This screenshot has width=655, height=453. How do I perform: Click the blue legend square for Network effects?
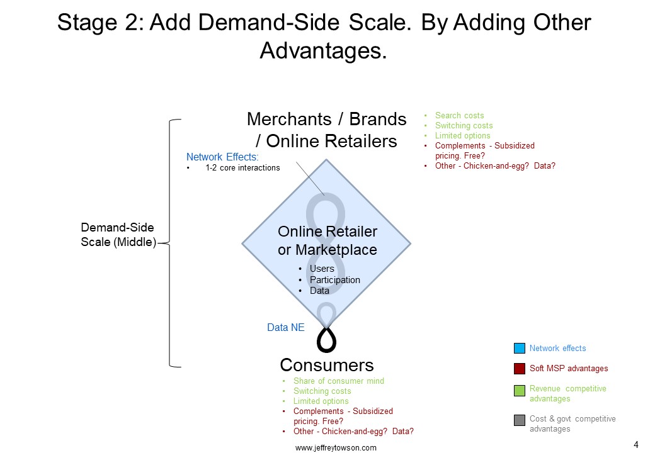point(519,348)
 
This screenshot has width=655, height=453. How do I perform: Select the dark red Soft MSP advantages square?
point(519,368)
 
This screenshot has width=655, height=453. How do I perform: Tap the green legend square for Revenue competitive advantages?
point(519,391)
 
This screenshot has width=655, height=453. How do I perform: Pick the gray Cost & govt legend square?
point(519,420)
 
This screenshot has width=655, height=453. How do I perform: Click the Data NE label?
point(286,327)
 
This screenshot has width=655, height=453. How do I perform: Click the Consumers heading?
point(327,365)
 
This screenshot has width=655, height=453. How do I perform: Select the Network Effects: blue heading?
point(222,157)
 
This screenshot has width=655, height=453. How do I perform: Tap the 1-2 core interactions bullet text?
point(242,168)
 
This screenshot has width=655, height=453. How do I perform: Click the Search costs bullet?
point(460,116)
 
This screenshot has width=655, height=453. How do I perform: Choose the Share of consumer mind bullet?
point(338,381)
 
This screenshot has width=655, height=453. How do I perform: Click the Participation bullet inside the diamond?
point(334,280)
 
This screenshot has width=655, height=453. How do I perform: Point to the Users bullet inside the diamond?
point(322,269)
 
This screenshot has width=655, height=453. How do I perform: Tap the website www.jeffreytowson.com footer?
point(336,447)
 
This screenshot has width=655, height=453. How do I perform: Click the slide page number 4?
point(636,445)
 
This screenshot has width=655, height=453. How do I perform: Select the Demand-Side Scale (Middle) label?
point(118,235)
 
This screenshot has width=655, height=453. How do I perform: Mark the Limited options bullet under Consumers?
point(321,401)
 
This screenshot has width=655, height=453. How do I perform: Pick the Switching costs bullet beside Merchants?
point(464,126)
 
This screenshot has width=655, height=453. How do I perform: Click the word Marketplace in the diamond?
point(336,250)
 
